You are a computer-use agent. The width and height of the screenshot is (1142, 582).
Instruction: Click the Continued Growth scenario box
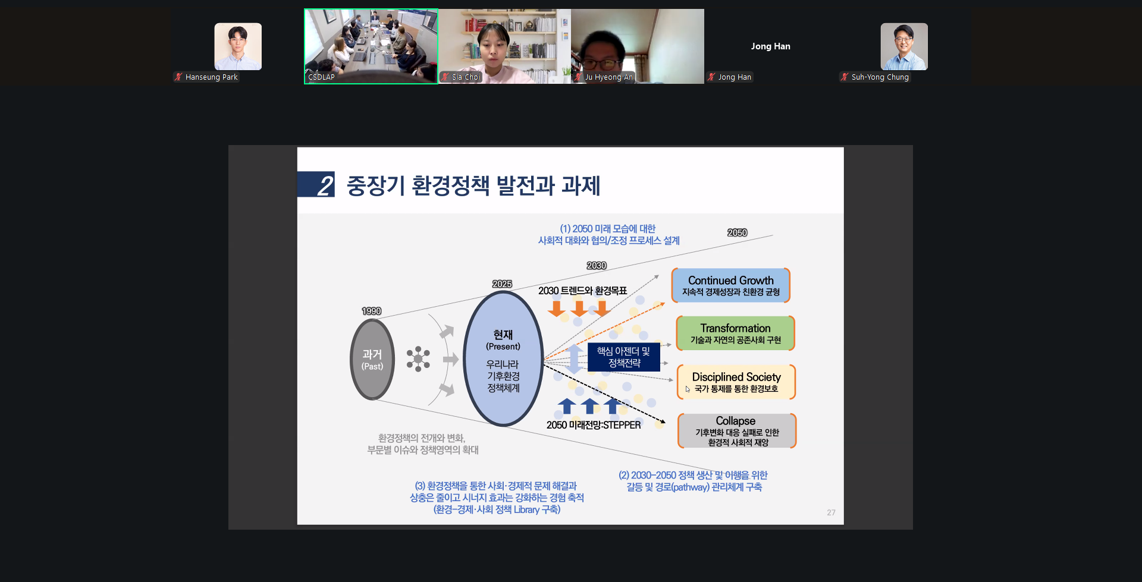click(730, 285)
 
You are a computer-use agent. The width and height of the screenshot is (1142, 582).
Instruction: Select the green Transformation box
click(735, 334)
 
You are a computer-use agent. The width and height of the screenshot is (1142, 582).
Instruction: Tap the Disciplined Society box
click(736, 382)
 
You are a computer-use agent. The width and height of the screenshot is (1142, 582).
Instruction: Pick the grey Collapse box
click(736, 430)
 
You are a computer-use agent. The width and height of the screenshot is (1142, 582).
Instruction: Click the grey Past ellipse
click(372, 359)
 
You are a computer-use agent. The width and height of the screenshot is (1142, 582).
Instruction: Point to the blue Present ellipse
click(503, 359)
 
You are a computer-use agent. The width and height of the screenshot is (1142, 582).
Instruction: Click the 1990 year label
click(372, 311)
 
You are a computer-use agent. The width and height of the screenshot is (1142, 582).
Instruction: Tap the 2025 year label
click(502, 284)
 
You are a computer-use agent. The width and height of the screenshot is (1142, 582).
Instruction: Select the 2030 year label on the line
click(597, 266)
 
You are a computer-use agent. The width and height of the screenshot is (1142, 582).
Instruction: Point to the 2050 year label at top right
click(738, 232)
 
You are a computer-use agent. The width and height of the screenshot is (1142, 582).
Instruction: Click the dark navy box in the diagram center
click(623, 357)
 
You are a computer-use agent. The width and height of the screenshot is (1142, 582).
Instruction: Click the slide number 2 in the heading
click(325, 185)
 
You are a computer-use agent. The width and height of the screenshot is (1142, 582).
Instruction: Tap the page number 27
click(831, 512)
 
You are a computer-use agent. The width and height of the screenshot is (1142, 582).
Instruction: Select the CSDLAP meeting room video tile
click(371, 46)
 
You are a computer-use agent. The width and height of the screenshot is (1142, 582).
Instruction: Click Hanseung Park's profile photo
click(238, 46)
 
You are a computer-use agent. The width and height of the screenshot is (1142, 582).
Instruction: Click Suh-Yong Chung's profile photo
click(904, 46)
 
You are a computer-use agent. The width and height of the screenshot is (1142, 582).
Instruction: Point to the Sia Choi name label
click(466, 77)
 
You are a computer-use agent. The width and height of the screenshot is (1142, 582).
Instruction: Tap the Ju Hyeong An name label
click(608, 77)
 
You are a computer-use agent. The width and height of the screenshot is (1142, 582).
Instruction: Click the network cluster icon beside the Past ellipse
click(418, 359)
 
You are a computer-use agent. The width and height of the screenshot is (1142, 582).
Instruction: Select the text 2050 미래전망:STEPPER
click(594, 425)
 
